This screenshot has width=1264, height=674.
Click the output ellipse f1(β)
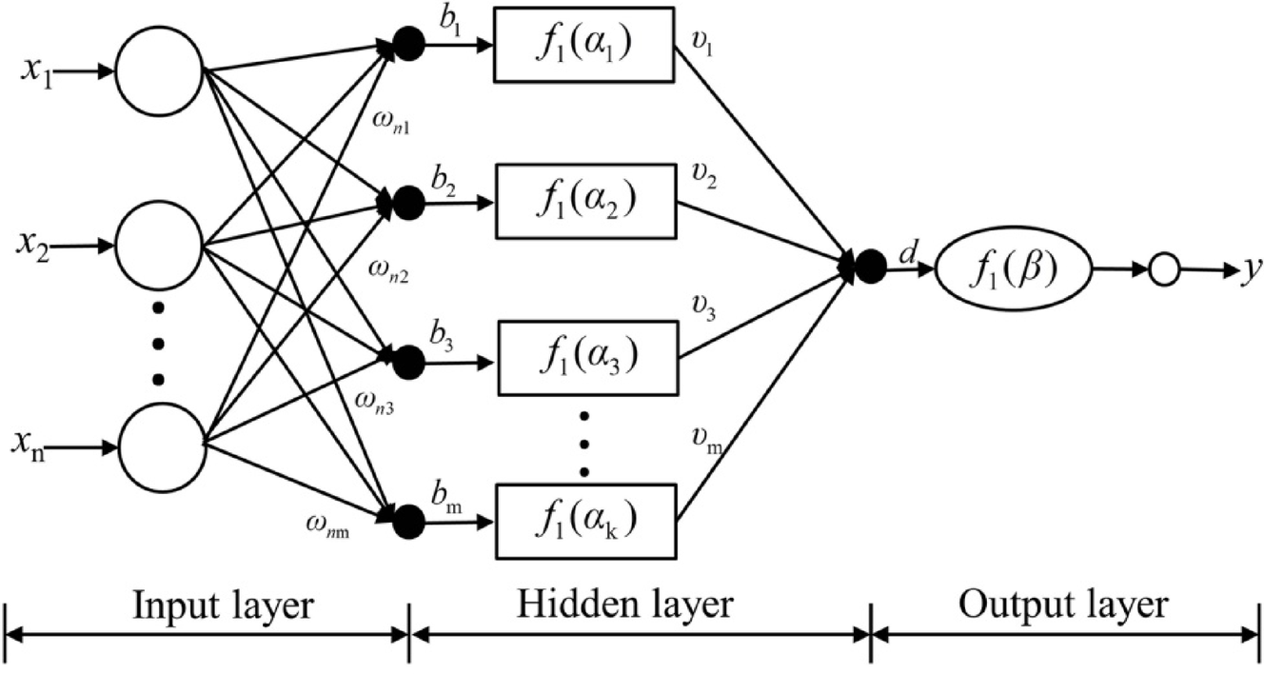1011,271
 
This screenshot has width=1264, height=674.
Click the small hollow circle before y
1164,272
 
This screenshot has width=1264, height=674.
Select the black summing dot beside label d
870,268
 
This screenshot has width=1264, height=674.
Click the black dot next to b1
410,46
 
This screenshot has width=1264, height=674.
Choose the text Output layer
1062,606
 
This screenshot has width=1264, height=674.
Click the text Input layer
224,606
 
